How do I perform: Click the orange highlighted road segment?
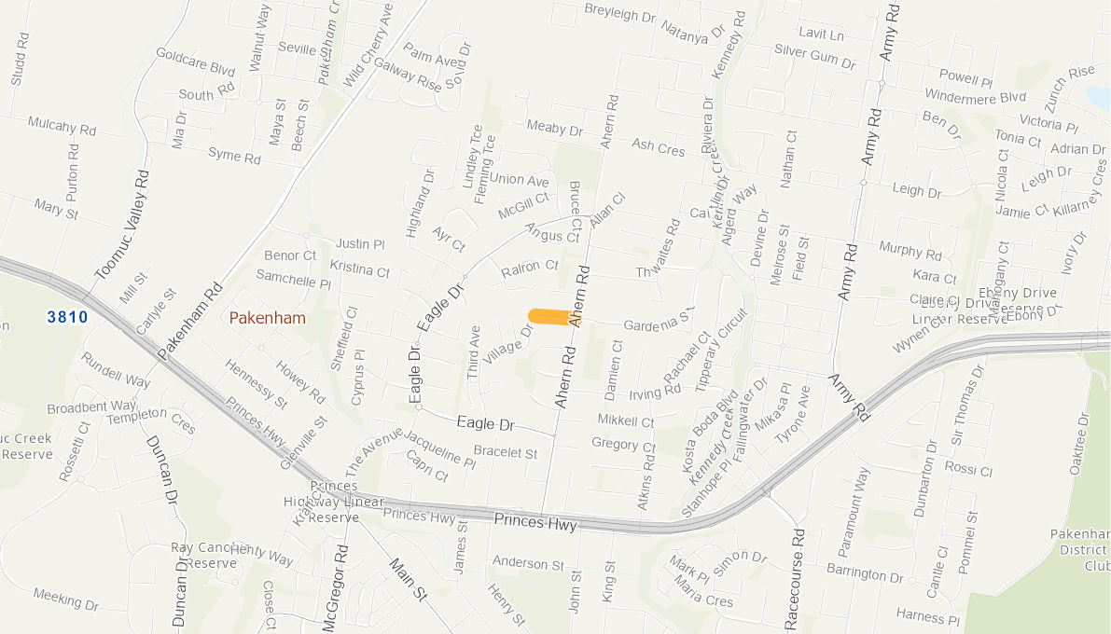[x=551, y=316]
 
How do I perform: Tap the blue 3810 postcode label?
[x=67, y=317]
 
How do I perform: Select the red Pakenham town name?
[x=268, y=318]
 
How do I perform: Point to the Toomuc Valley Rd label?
[x=121, y=225]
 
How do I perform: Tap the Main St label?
[x=407, y=579]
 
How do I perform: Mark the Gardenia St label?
[x=660, y=323]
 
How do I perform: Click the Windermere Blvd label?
[x=975, y=96]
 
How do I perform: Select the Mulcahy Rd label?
[x=62, y=125]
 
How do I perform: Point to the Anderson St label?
[x=529, y=563]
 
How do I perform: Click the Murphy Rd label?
[x=910, y=250]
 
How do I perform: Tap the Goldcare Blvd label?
[x=195, y=62]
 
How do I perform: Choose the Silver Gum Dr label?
[x=814, y=56]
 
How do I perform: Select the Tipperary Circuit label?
[x=723, y=349]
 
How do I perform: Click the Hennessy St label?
[x=256, y=383]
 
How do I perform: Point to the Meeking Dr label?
[x=65, y=599]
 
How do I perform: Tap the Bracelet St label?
[x=506, y=452]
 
